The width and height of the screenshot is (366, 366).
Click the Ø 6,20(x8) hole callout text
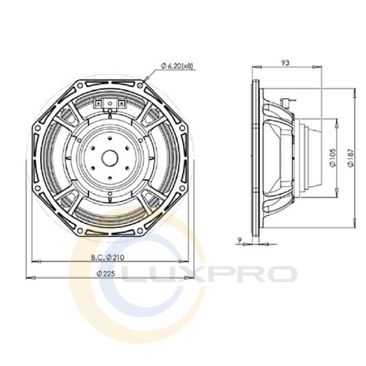pos(177,66)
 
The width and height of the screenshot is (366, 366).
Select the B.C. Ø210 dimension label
pos(108,257)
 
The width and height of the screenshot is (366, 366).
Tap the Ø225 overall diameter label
pos(106,273)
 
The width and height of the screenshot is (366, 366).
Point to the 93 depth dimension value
pos(285,63)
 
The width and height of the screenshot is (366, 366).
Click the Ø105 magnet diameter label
pos(333,157)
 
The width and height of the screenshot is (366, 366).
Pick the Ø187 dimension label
pos(350,157)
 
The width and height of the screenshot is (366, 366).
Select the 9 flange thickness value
pos(239,239)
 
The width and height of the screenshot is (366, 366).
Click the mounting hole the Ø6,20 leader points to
pos(140,86)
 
